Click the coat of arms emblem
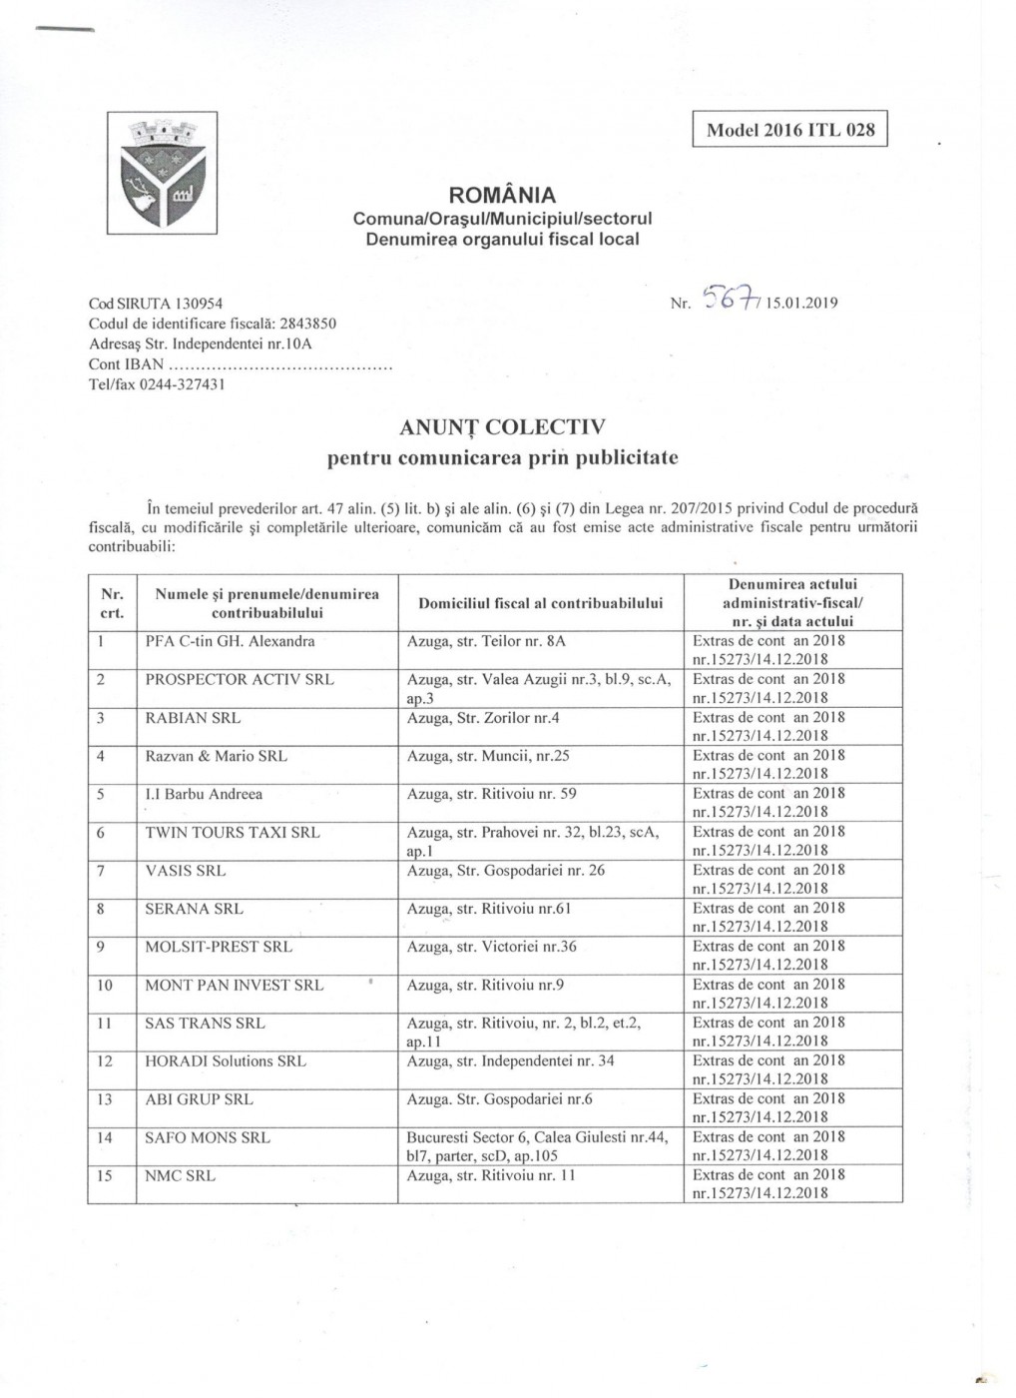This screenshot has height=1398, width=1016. click(x=163, y=172)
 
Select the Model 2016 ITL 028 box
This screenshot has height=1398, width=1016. click(x=789, y=130)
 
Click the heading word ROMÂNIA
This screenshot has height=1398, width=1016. click(x=503, y=195)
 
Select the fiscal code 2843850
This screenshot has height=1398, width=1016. click(x=307, y=324)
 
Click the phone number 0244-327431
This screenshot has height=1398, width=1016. click(x=184, y=384)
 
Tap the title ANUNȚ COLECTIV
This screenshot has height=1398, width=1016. click(x=502, y=428)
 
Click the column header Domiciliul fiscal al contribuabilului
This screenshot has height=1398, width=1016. click(x=541, y=603)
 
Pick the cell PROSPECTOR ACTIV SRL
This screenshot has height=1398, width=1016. click(x=240, y=680)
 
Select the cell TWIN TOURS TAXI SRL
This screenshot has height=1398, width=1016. click(x=233, y=833)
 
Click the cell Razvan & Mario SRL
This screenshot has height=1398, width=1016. click(x=216, y=756)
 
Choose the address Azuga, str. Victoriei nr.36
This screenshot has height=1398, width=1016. click(x=491, y=947)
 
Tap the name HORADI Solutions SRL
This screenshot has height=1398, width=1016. click(x=226, y=1061)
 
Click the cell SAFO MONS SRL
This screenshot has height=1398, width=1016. click(x=208, y=1137)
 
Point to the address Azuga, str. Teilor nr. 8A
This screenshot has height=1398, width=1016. click(x=486, y=642)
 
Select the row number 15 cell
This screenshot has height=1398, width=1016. click(x=105, y=1176)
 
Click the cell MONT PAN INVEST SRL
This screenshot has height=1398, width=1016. click(x=235, y=986)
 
